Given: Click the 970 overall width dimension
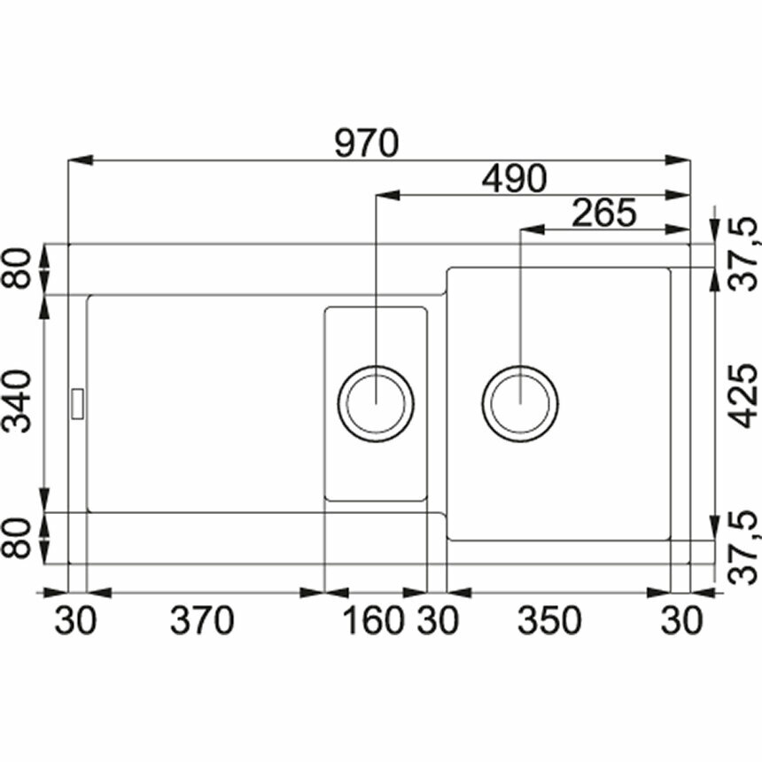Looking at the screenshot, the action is [367, 144].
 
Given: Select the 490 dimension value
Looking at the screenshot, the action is [514, 179].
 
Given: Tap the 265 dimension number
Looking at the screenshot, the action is [604, 213].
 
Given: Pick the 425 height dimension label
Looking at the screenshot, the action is [744, 396].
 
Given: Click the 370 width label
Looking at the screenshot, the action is [202, 620].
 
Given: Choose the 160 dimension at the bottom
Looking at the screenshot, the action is [373, 620].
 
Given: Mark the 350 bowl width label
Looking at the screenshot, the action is [549, 620].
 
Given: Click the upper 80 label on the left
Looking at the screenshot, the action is [17, 268].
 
